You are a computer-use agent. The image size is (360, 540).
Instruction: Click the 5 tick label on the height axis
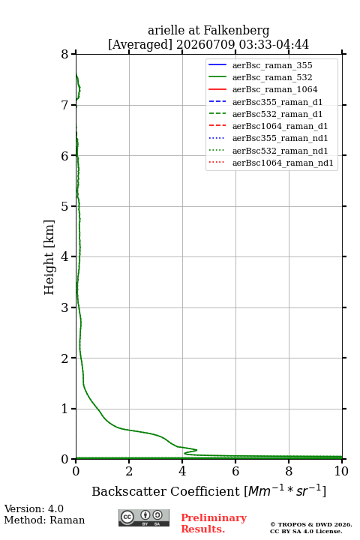(65, 206)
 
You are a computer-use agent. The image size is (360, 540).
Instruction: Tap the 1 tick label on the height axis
(65, 409)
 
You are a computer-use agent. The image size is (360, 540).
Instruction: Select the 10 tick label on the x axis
(341, 471)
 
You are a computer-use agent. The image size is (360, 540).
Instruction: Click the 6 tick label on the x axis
(235, 471)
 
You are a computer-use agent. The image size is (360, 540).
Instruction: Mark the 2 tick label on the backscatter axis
(129, 471)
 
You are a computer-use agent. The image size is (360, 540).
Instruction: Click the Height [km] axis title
(49, 257)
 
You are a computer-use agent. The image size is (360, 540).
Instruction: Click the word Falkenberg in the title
(236, 31)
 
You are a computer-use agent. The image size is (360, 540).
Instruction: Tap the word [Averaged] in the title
(140, 44)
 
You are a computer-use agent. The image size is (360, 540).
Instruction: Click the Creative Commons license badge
(144, 518)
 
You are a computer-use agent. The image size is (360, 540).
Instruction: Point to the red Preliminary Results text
(214, 523)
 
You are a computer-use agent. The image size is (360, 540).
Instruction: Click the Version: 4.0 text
(34, 508)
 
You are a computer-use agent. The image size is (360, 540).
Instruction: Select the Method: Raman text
(44, 520)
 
